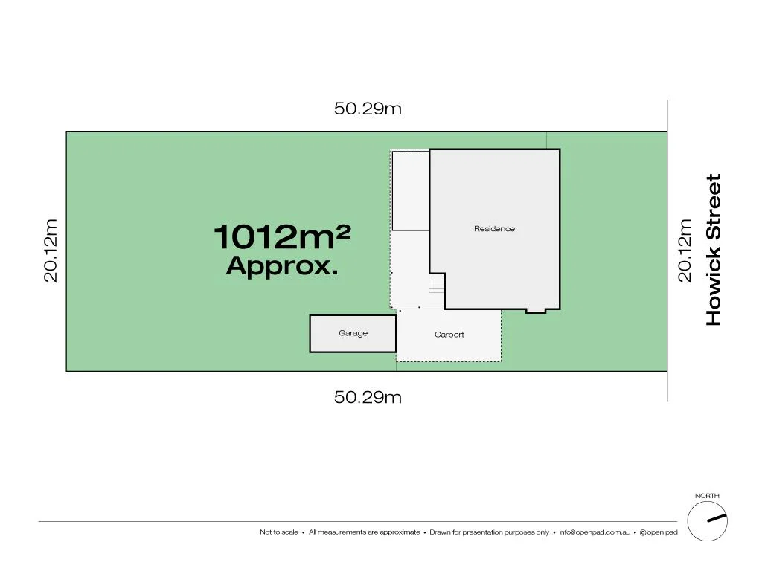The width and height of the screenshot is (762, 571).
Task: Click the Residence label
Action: click(x=494, y=229)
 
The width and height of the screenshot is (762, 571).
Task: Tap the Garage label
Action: click(x=353, y=333)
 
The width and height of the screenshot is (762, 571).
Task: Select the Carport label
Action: click(x=449, y=335)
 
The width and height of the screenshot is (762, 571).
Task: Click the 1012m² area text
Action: click(x=282, y=238)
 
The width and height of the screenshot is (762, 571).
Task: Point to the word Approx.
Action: click(x=282, y=266)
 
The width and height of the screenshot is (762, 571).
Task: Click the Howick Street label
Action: click(x=714, y=250)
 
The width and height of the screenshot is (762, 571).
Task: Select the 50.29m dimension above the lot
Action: click(x=368, y=109)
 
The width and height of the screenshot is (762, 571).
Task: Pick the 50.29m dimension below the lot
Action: click(x=368, y=397)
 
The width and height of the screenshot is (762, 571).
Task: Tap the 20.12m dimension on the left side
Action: click(x=51, y=250)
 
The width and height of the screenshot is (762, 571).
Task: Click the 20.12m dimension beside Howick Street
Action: click(x=685, y=250)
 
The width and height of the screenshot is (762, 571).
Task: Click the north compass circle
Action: click(x=707, y=521)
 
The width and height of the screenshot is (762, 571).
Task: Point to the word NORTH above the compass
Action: click(x=707, y=496)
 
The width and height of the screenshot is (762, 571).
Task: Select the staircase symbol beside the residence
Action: click(x=436, y=283)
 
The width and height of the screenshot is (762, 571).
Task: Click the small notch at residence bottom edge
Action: click(x=535, y=310)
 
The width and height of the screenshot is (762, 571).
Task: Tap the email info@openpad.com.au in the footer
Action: click(x=595, y=532)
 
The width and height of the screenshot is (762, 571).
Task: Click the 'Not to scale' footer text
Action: click(x=279, y=532)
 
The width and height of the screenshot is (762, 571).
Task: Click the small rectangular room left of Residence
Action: click(x=410, y=191)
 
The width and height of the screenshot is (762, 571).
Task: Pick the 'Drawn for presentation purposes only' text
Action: click(x=489, y=532)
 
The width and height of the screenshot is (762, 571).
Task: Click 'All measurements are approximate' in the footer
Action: click(x=364, y=532)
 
